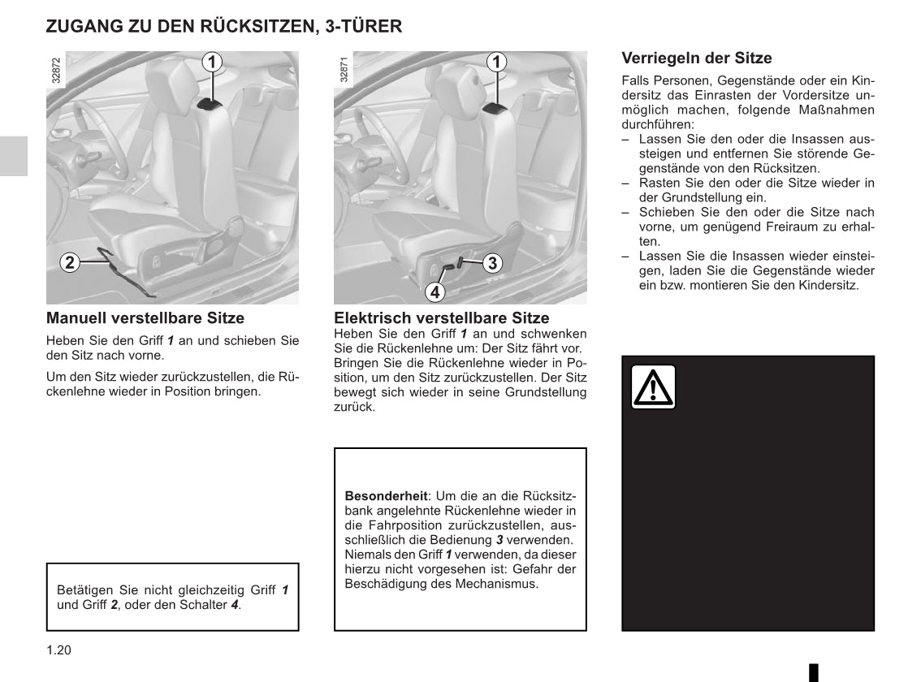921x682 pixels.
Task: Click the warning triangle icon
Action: pyautogui.click(x=653, y=387)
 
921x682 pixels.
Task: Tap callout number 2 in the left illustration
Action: pyautogui.click(x=70, y=261)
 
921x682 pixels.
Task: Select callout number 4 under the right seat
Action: pyautogui.click(x=435, y=291)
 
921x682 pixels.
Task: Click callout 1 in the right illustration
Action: pyautogui.click(x=497, y=62)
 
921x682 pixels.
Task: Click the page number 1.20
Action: pyautogui.click(x=59, y=650)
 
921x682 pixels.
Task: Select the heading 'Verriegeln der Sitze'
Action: pyautogui.click(x=696, y=58)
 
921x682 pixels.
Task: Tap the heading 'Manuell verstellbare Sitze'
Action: pyautogui.click(x=145, y=318)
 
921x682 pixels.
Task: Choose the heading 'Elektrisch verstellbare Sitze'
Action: pyautogui.click(x=441, y=318)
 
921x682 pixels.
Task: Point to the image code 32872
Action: pyautogui.click(x=55, y=71)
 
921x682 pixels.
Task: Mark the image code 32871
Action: pyautogui.click(x=344, y=71)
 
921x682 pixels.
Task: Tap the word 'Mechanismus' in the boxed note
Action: pyautogui.click(x=495, y=584)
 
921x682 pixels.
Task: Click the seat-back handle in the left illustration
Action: pyautogui.click(x=210, y=102)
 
